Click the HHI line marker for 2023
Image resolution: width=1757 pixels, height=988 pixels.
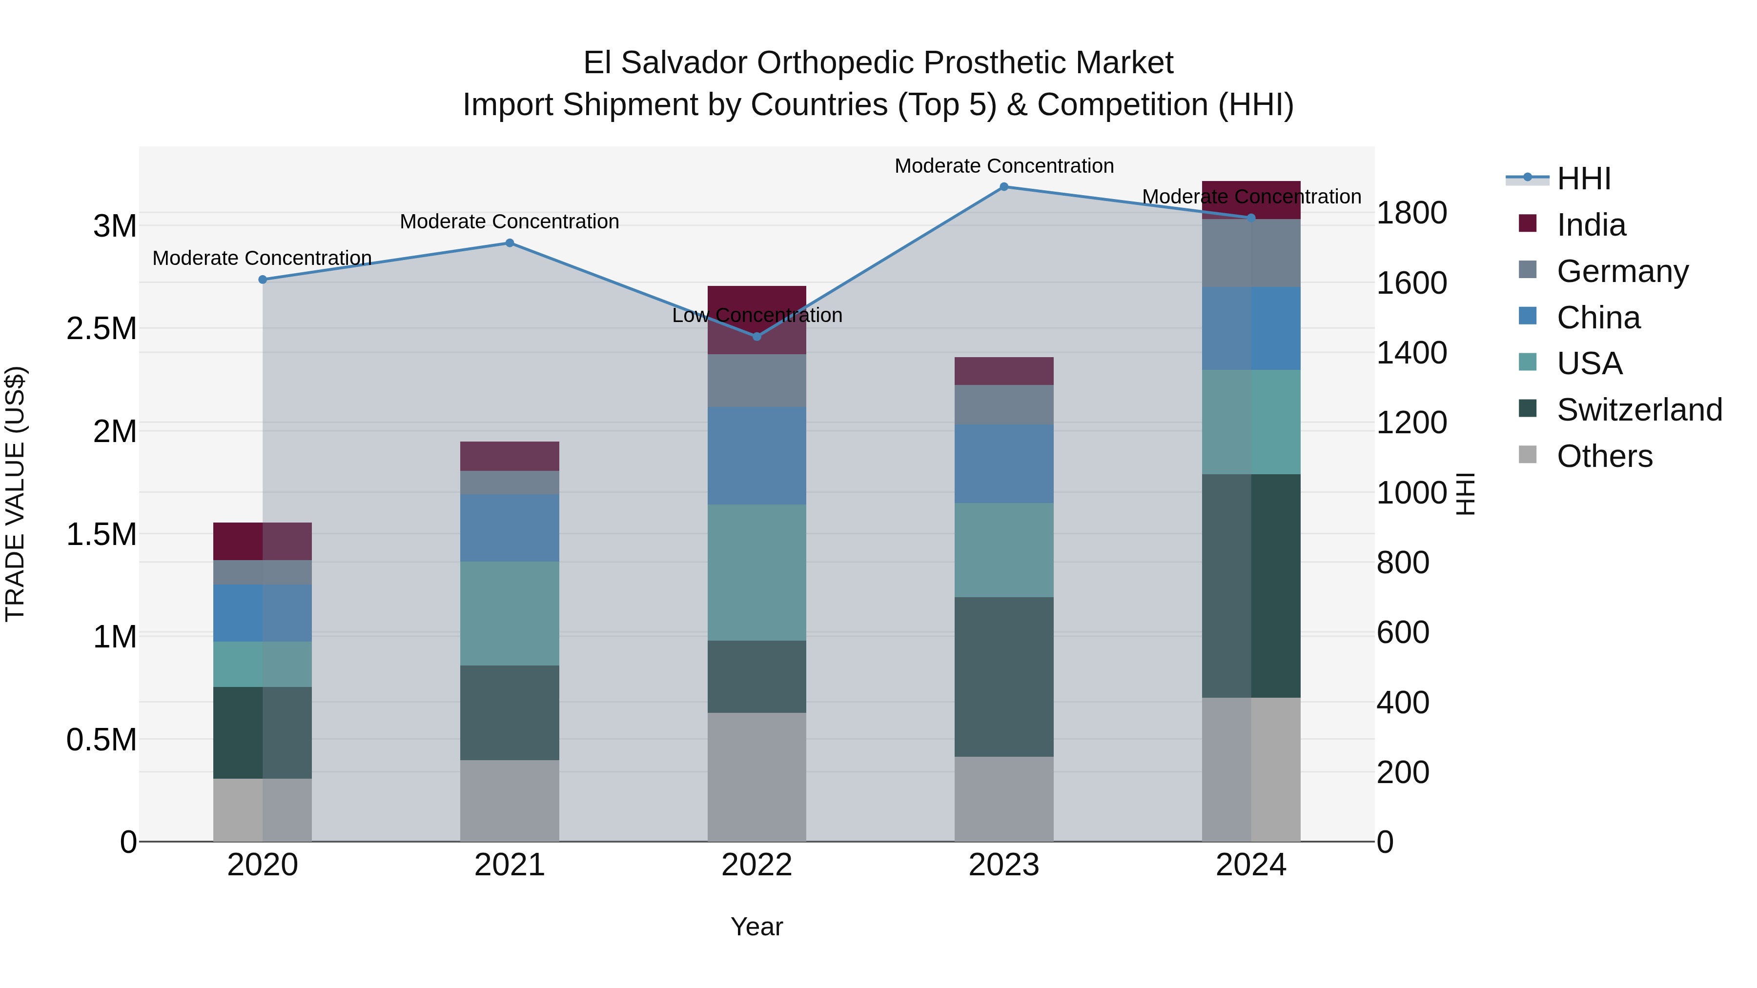pyautogui.click(x=1003, y=187)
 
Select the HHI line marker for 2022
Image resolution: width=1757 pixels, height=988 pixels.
pyautogui.click(x=756, y=336)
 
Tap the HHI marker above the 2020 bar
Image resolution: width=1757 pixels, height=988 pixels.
pyautogui.click(x=263, y=280)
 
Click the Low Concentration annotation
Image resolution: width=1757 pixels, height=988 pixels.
pyautogui.click(x=757, y=316)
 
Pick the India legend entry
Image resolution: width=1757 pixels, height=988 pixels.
pyautogui.click(x=1591, y=225)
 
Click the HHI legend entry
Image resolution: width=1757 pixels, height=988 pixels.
pyautogui.click(x=1583, y=179)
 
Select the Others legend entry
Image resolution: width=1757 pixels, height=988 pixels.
pyautogui.click(x=1604, y=456)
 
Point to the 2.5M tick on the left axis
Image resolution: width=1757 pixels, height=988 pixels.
pyautogui.click(x=102, y=329)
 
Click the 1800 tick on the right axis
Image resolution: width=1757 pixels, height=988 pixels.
pyautogui.click(x=1411, y=213)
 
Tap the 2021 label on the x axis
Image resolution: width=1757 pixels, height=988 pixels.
pyautogui.click(x=510, y=865)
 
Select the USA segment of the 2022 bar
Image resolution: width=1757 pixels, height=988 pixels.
pyautogui.click(x=756, y=572)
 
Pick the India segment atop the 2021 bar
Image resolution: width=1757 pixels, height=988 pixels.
pyautogui.click(x=510, y=456)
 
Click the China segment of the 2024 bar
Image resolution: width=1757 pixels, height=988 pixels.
pyautogui.click(x=1251, y=329)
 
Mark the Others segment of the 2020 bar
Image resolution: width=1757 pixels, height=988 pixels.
pyautogui.click(x=263, y=809)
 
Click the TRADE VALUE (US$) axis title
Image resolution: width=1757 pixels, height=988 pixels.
pyautogui.click(x=15, y=494)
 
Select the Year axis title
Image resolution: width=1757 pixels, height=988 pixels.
pyautogui.click(x=756, y=927)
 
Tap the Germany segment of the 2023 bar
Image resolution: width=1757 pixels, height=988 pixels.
pyautogui.click(x=1003, y=405)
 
